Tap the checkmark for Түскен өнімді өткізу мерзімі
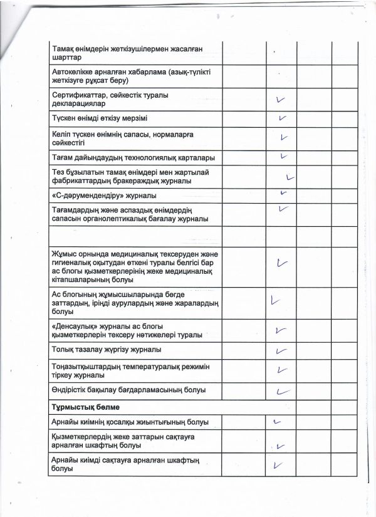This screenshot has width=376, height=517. [283, 118]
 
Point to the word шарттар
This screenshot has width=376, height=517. [65, 57]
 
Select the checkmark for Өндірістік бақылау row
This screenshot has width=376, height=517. [283, 390]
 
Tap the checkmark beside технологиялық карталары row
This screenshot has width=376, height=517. [284, 155]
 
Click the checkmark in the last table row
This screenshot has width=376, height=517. [279, 465]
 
